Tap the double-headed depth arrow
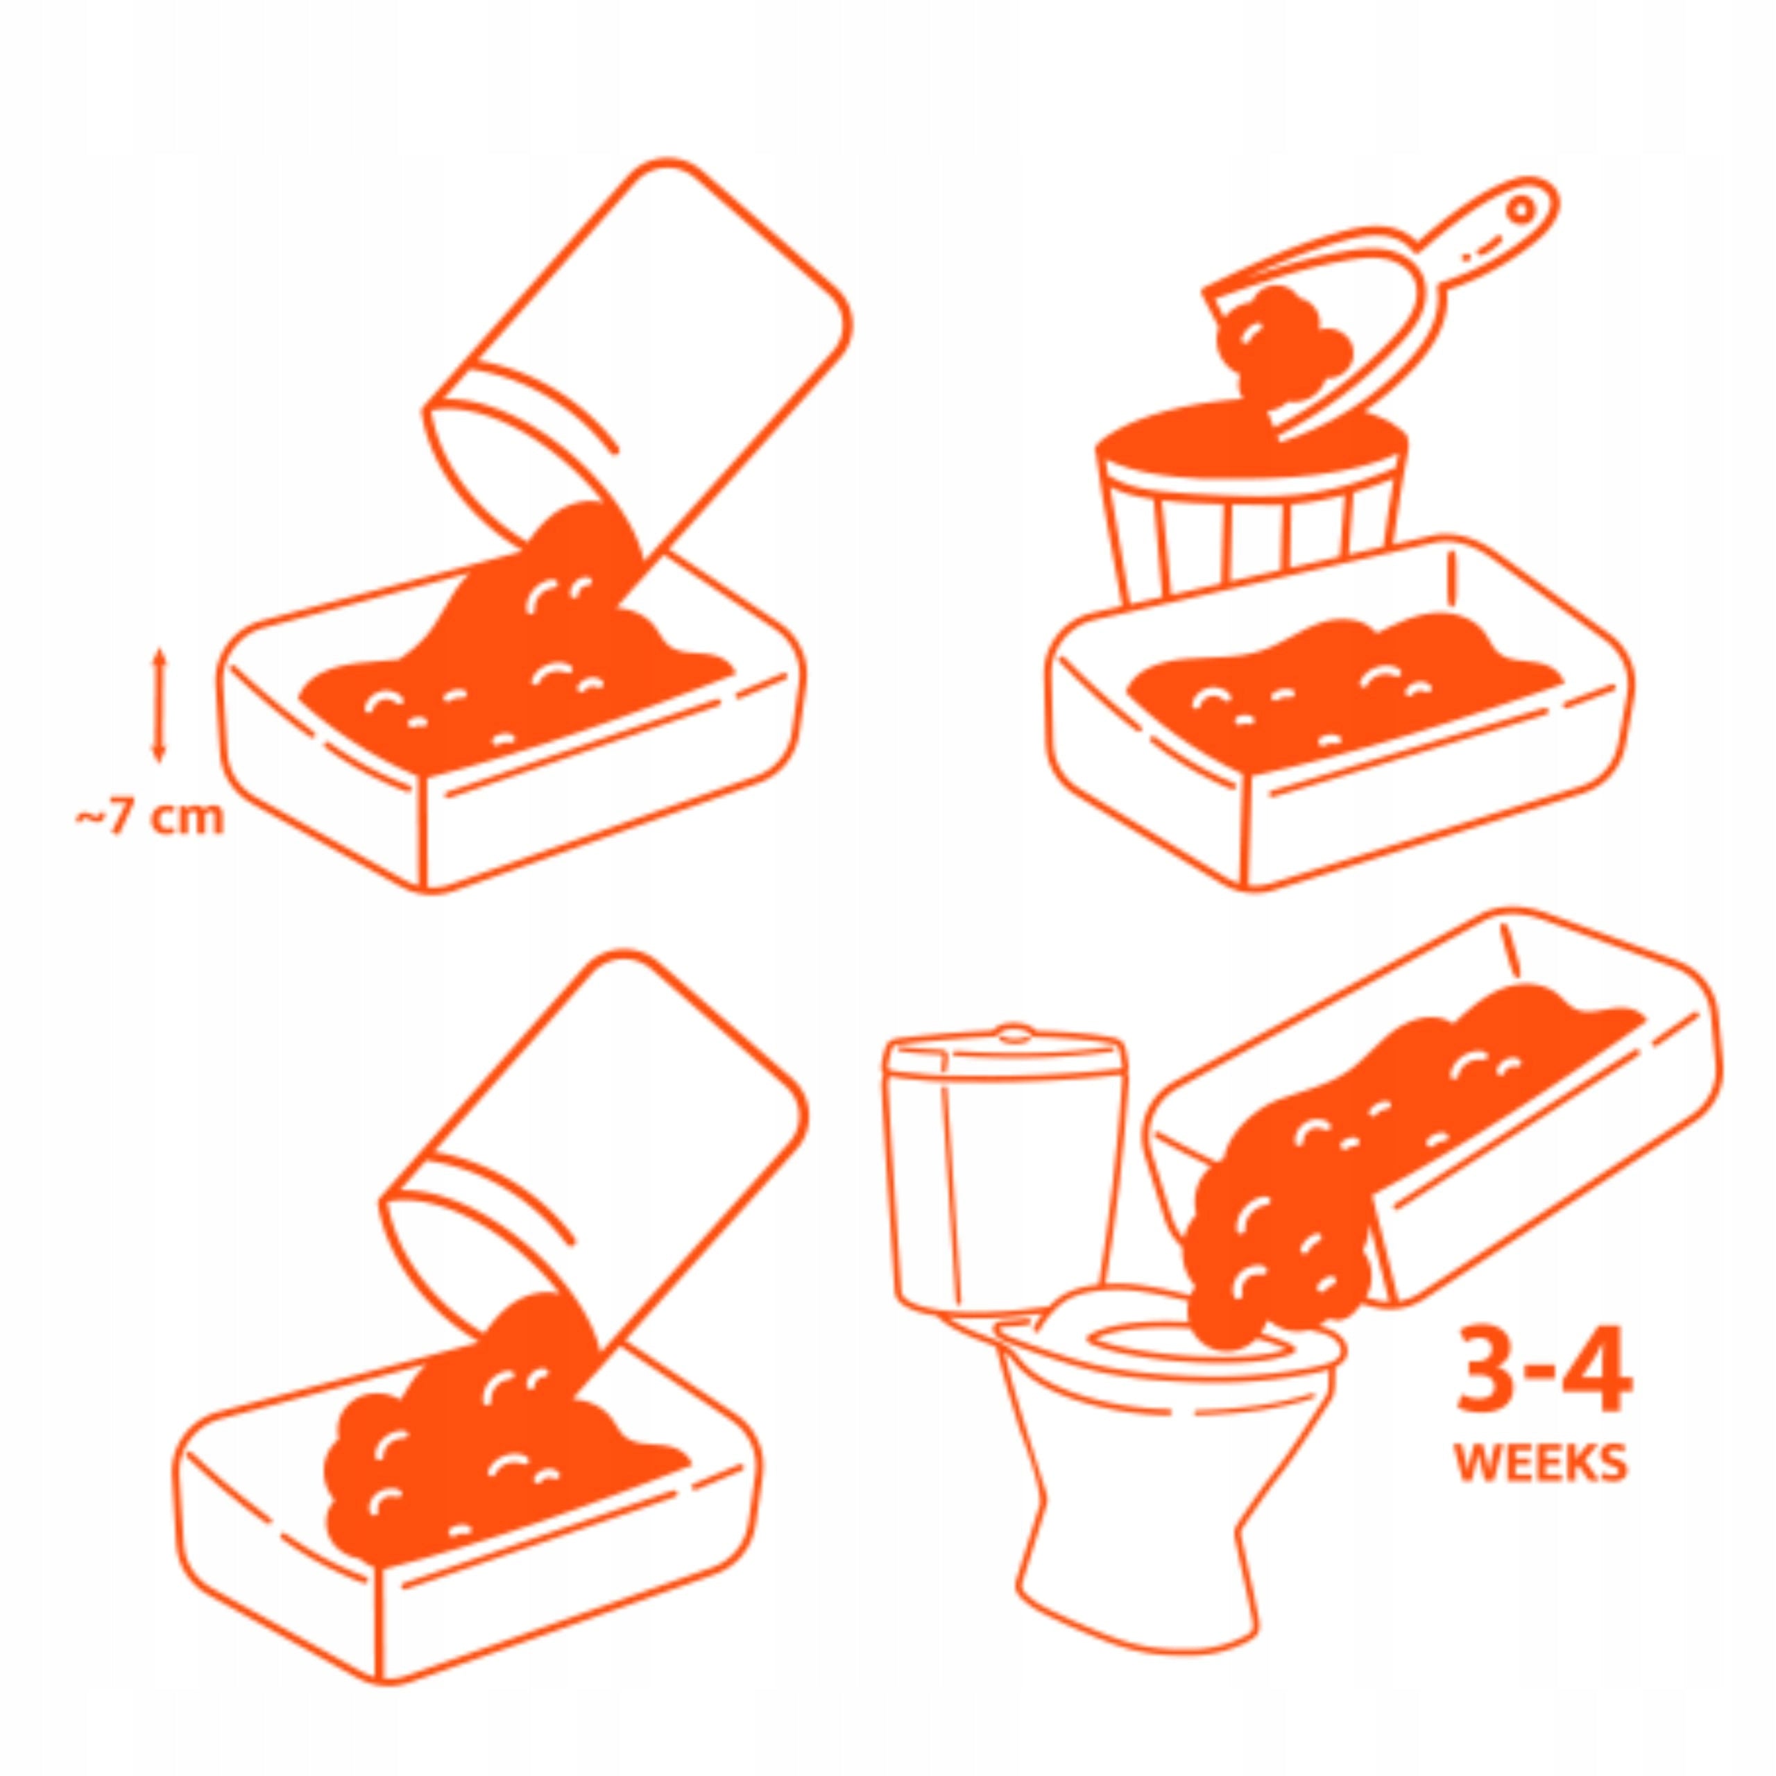[159, 706]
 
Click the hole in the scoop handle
[1522, 210]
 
